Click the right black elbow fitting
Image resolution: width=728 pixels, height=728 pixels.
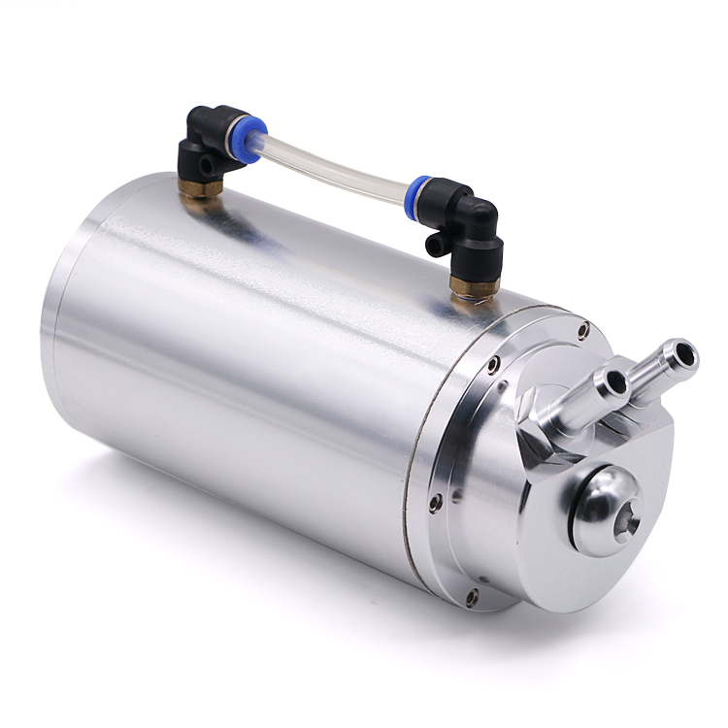click(476, 222)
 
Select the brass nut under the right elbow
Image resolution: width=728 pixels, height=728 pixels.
click(475, 282)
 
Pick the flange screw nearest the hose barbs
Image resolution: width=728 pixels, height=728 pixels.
click(582, 332)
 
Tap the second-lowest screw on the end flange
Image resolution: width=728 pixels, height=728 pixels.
click(434, 502)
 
